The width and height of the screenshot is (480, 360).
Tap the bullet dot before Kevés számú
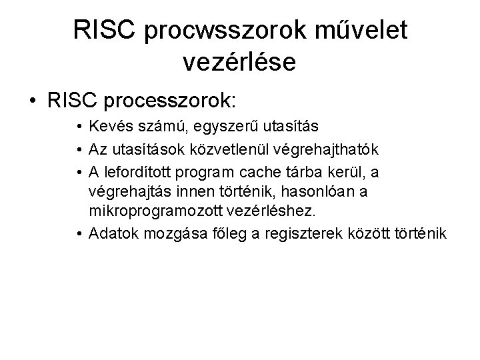coord(79,125)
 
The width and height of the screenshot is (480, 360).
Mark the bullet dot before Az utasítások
coord(79,149)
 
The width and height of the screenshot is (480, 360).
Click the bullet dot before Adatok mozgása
coord(79,235)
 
